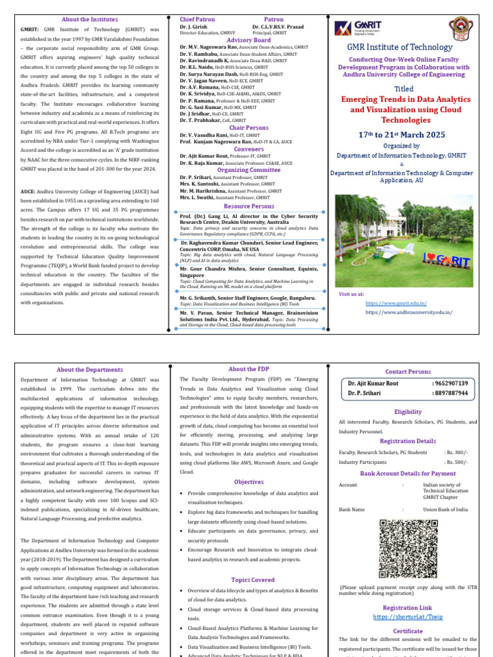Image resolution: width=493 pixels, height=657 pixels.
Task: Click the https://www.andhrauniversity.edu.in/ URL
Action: tap(408, 312)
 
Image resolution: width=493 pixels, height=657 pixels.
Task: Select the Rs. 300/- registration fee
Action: tap(456, 452)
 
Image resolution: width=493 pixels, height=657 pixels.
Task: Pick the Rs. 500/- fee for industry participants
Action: tap(456, 462)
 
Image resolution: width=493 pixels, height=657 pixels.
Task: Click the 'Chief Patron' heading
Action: tap(197, 20)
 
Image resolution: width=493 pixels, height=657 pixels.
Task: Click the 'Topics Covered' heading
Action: tap(248, 579)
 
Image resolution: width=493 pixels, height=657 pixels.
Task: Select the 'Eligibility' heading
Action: tap(408, 412)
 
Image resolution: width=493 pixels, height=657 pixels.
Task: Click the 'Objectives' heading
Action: tap(248, 482)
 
